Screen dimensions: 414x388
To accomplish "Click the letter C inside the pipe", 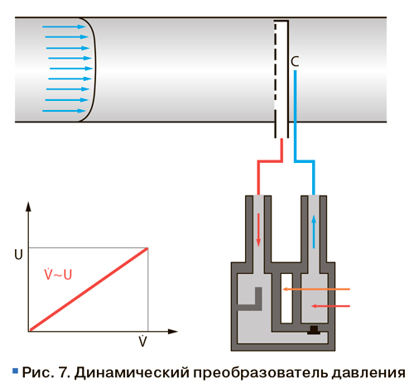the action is (295, 61).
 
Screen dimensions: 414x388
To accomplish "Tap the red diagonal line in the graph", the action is (89, 289).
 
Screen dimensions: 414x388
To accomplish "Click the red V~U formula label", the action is (58, 274).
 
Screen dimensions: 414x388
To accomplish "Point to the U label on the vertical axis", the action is (18, 254).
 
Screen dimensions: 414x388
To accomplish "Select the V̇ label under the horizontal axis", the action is (142, 341).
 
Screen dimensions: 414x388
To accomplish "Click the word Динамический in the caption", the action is (132, 373).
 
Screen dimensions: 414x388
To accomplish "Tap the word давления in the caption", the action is (368, 373).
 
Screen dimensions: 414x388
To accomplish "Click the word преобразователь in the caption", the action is (261, 373).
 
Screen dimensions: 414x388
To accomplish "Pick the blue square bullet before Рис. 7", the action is (15, 371).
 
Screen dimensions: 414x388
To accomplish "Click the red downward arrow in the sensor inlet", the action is (258, 230).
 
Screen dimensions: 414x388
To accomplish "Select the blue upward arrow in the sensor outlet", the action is (314, 232).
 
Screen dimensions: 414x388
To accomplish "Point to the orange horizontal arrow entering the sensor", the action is (316, 289).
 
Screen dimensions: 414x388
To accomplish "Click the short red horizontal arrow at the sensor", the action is (330, 306).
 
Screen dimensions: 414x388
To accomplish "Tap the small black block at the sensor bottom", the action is (314, 330).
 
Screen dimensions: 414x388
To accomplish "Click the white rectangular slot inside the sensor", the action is (286, 298).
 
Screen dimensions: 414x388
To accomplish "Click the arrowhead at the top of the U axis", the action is (28, 206).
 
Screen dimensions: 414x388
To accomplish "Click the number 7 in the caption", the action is (63, 372).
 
